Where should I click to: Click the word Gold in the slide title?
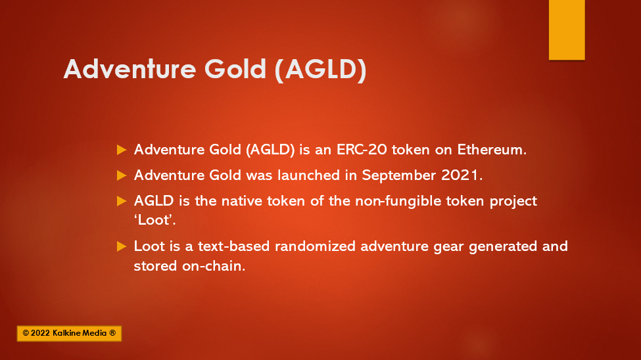tap(235, 68)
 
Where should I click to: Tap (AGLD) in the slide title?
tap(321, 70)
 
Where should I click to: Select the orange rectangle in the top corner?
tap(567, 30)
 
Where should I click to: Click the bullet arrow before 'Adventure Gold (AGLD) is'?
tap(122, 150)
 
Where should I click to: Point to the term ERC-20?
tap(362, 150)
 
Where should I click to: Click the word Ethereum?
tap(492, 150)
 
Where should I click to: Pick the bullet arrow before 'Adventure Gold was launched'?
tap(122, 175)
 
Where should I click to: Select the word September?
tap(398, 175)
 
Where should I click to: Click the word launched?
tap(308, 175)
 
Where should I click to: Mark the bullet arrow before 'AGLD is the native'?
tap(122, 201)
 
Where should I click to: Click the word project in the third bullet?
tap(513, 202)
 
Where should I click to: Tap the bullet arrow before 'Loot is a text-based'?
tap(122, 246)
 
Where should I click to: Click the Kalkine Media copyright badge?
tap(69, 334)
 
